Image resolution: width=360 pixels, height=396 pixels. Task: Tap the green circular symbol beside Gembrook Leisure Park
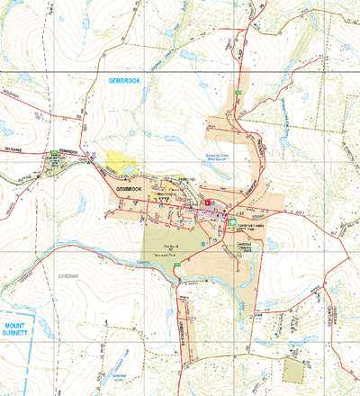[x=232, y=220]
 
